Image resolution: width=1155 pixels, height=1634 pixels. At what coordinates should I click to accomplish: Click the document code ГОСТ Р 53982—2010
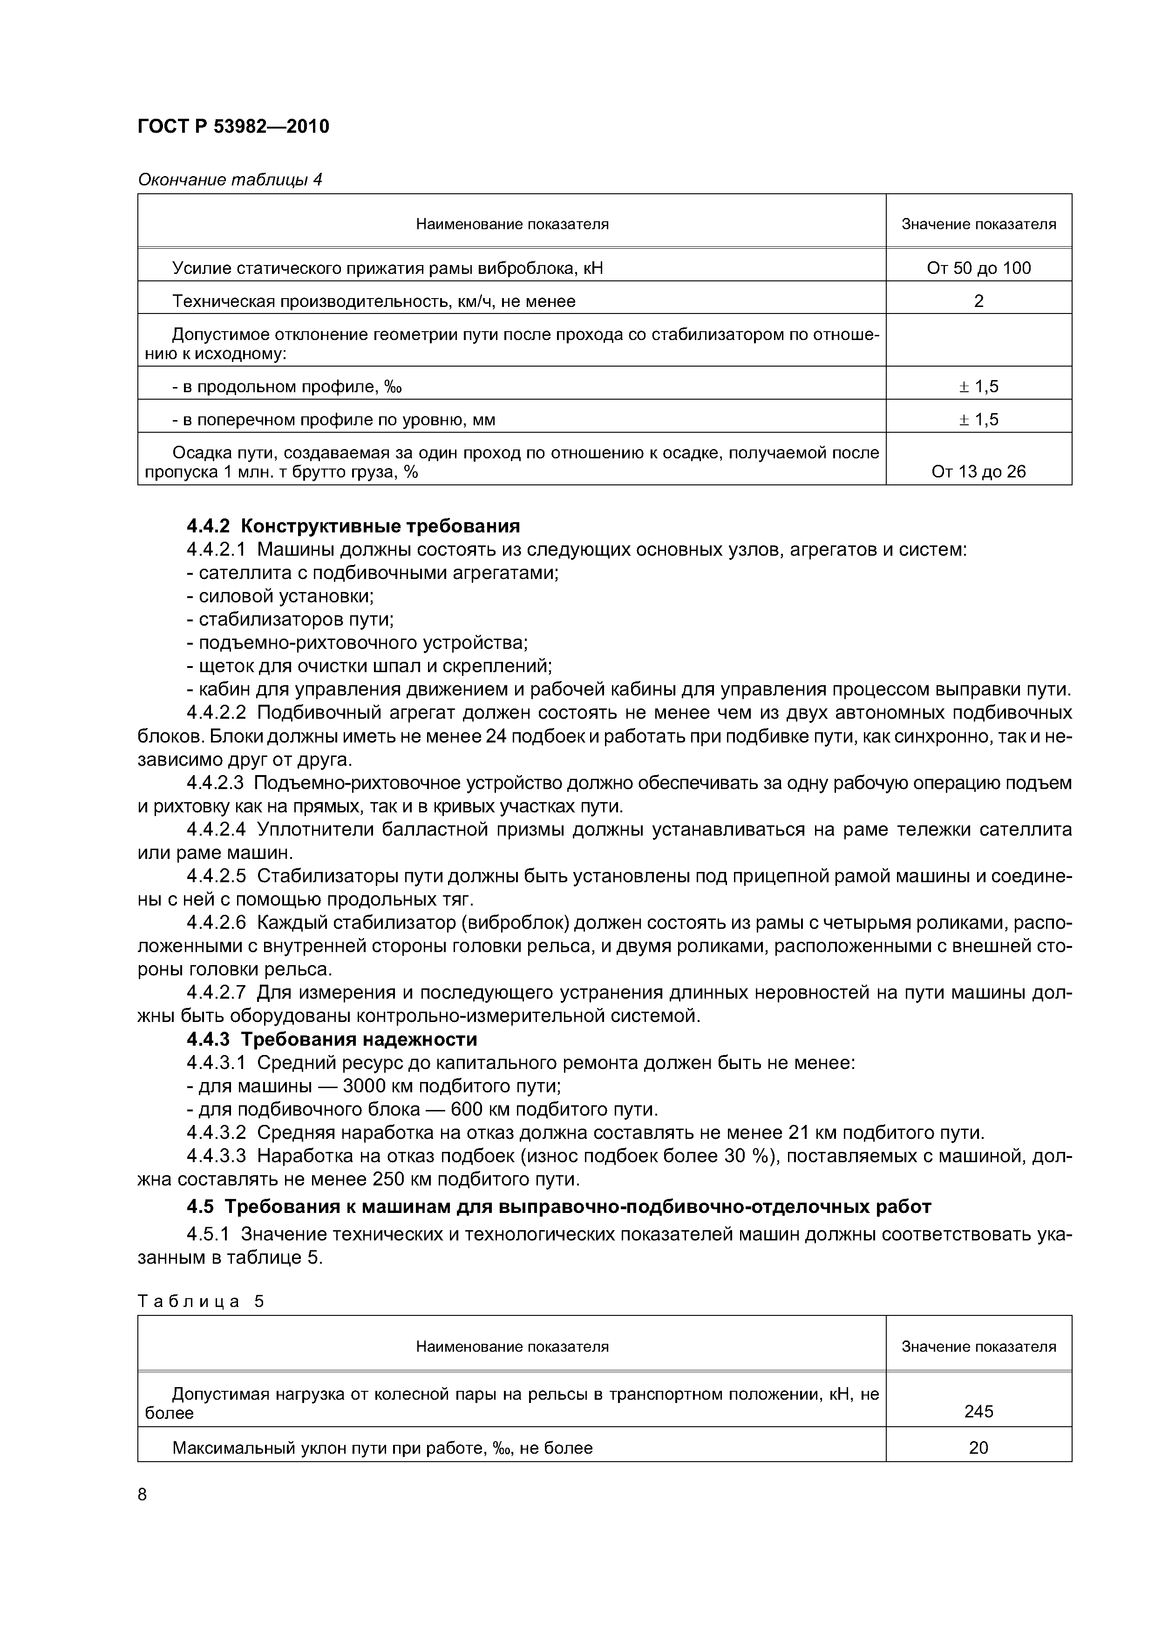233,127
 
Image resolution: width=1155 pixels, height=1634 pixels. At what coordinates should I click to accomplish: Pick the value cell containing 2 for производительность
978,301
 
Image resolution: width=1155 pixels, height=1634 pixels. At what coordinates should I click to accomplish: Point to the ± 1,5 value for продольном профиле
978,387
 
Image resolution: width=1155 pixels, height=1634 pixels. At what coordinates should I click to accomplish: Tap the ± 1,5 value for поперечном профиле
978,419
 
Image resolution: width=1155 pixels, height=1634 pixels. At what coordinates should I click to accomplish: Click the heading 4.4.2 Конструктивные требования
353,526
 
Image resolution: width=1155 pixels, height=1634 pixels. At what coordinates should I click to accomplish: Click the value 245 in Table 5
978,1411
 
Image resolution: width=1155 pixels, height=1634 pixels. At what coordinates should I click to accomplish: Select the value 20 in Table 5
978,1448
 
